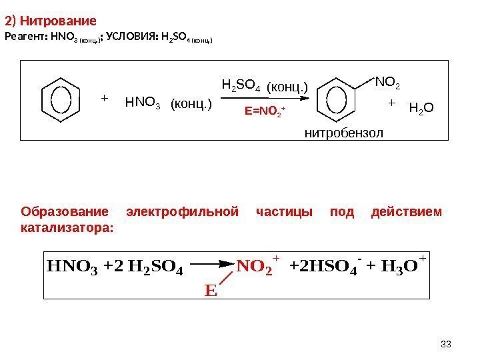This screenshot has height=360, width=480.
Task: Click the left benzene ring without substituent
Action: (x=60, y=99)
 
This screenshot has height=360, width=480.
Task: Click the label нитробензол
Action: (x=344, y=133)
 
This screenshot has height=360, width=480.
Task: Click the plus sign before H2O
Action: (x=391, y=104)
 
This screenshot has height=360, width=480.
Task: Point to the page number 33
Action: (x=447, y=343)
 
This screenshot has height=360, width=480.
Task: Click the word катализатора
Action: (x=67, y=227)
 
